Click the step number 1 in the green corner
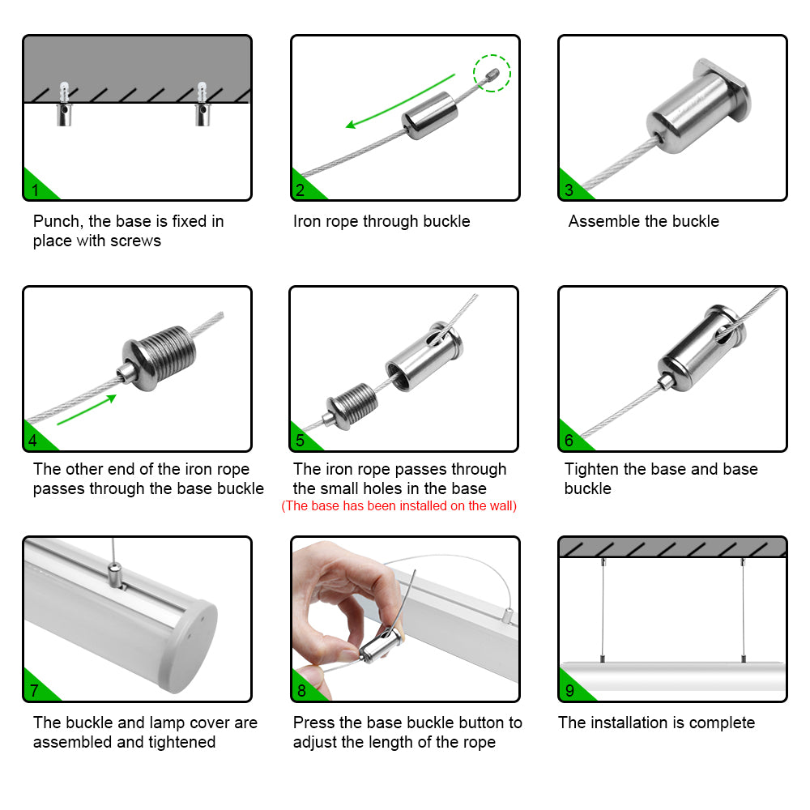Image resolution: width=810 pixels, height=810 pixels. [x=35, y=191]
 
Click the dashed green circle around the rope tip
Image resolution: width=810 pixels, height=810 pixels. [x=492, y=73]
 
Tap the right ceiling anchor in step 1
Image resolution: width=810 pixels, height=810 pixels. [x=202, y=105]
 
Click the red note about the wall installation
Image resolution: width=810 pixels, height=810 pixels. [x=399, y=506]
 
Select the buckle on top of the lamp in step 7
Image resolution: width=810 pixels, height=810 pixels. [x=114, y=577]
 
